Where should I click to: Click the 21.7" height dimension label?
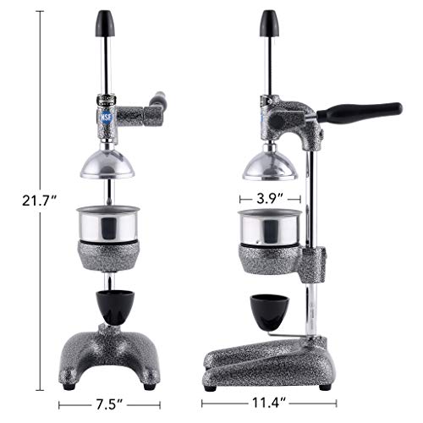[x=40, y=201]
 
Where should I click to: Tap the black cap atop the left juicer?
[x=107, y=21]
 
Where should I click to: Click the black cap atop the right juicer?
[x=270, y=21]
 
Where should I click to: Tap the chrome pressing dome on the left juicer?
[x=107, y=162]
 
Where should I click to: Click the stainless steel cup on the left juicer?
[x=107, y=225]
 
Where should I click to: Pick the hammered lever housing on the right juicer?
[x=292, y=118]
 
